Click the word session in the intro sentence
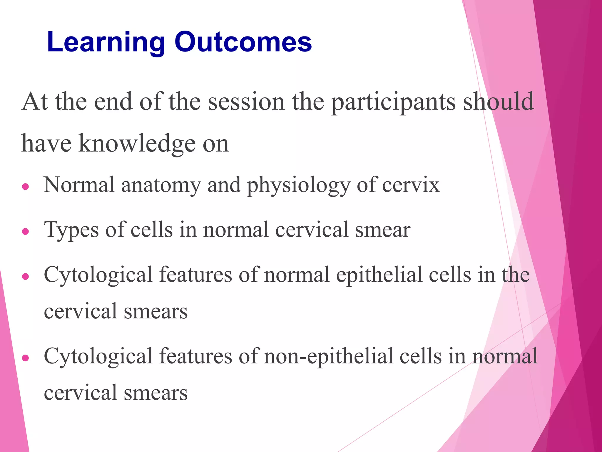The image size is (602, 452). [x=246, y=102]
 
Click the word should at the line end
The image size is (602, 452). [x=499, y=102]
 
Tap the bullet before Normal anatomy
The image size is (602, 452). [x=26, y=187]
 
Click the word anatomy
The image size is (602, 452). [x=161, y=185]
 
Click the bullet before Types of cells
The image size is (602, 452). [x=26, y=231]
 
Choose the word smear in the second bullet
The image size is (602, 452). [x=383, y=230]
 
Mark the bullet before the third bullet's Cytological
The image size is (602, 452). [x=26, y=276]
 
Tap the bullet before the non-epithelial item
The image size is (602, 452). [x=26, y=358]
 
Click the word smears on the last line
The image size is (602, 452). [x=155, y=393]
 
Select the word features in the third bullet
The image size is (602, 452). [x=195, y=275]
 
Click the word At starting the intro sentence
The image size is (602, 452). [x=35, y=102]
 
